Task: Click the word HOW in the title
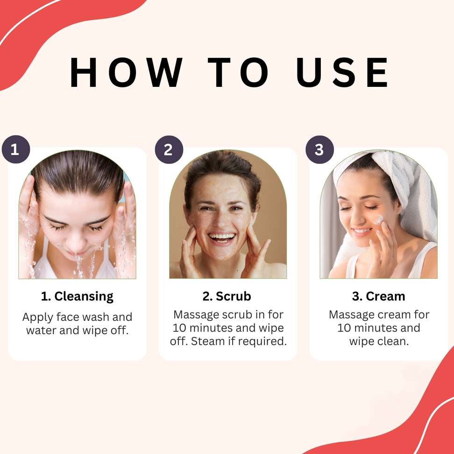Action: pos(126,72)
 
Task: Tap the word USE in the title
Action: pos(342,72)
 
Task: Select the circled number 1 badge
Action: pos(16,149)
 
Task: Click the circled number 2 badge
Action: pos(169,149)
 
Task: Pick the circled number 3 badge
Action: pos(319,149)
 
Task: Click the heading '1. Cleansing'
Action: pos(77,297)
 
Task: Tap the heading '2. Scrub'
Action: pos(227,296)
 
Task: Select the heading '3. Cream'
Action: pos(378,296)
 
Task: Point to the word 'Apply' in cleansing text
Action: pos(38,317)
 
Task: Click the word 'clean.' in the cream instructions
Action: pos(395,341)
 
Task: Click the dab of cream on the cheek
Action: pos(379,220)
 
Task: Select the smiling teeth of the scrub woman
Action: pos(222,237)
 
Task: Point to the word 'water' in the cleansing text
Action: pos(41,330)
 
